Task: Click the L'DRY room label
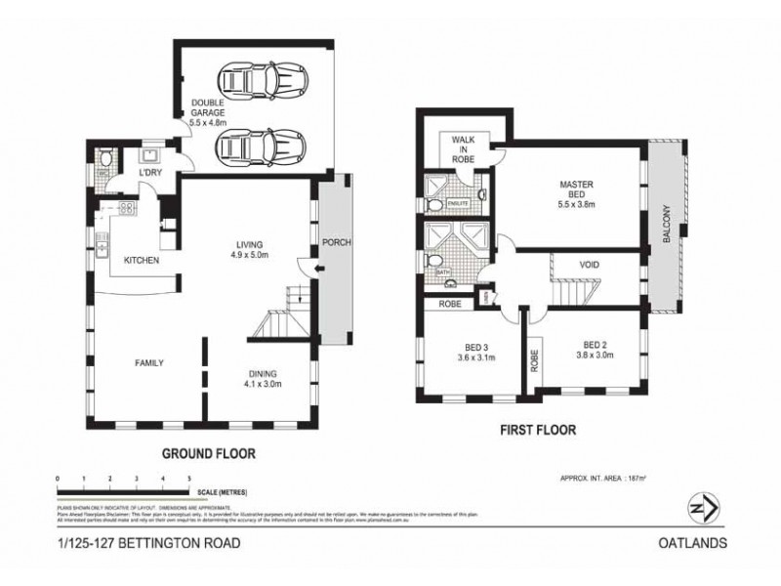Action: tap(149, 173)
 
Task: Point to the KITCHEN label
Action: tap(141, 261)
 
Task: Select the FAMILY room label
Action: tap(148, 362)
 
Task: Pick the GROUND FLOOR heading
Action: tap(209, 452)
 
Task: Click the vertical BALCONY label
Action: tap(667, 225)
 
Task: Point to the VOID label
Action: tap(590, 265)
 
